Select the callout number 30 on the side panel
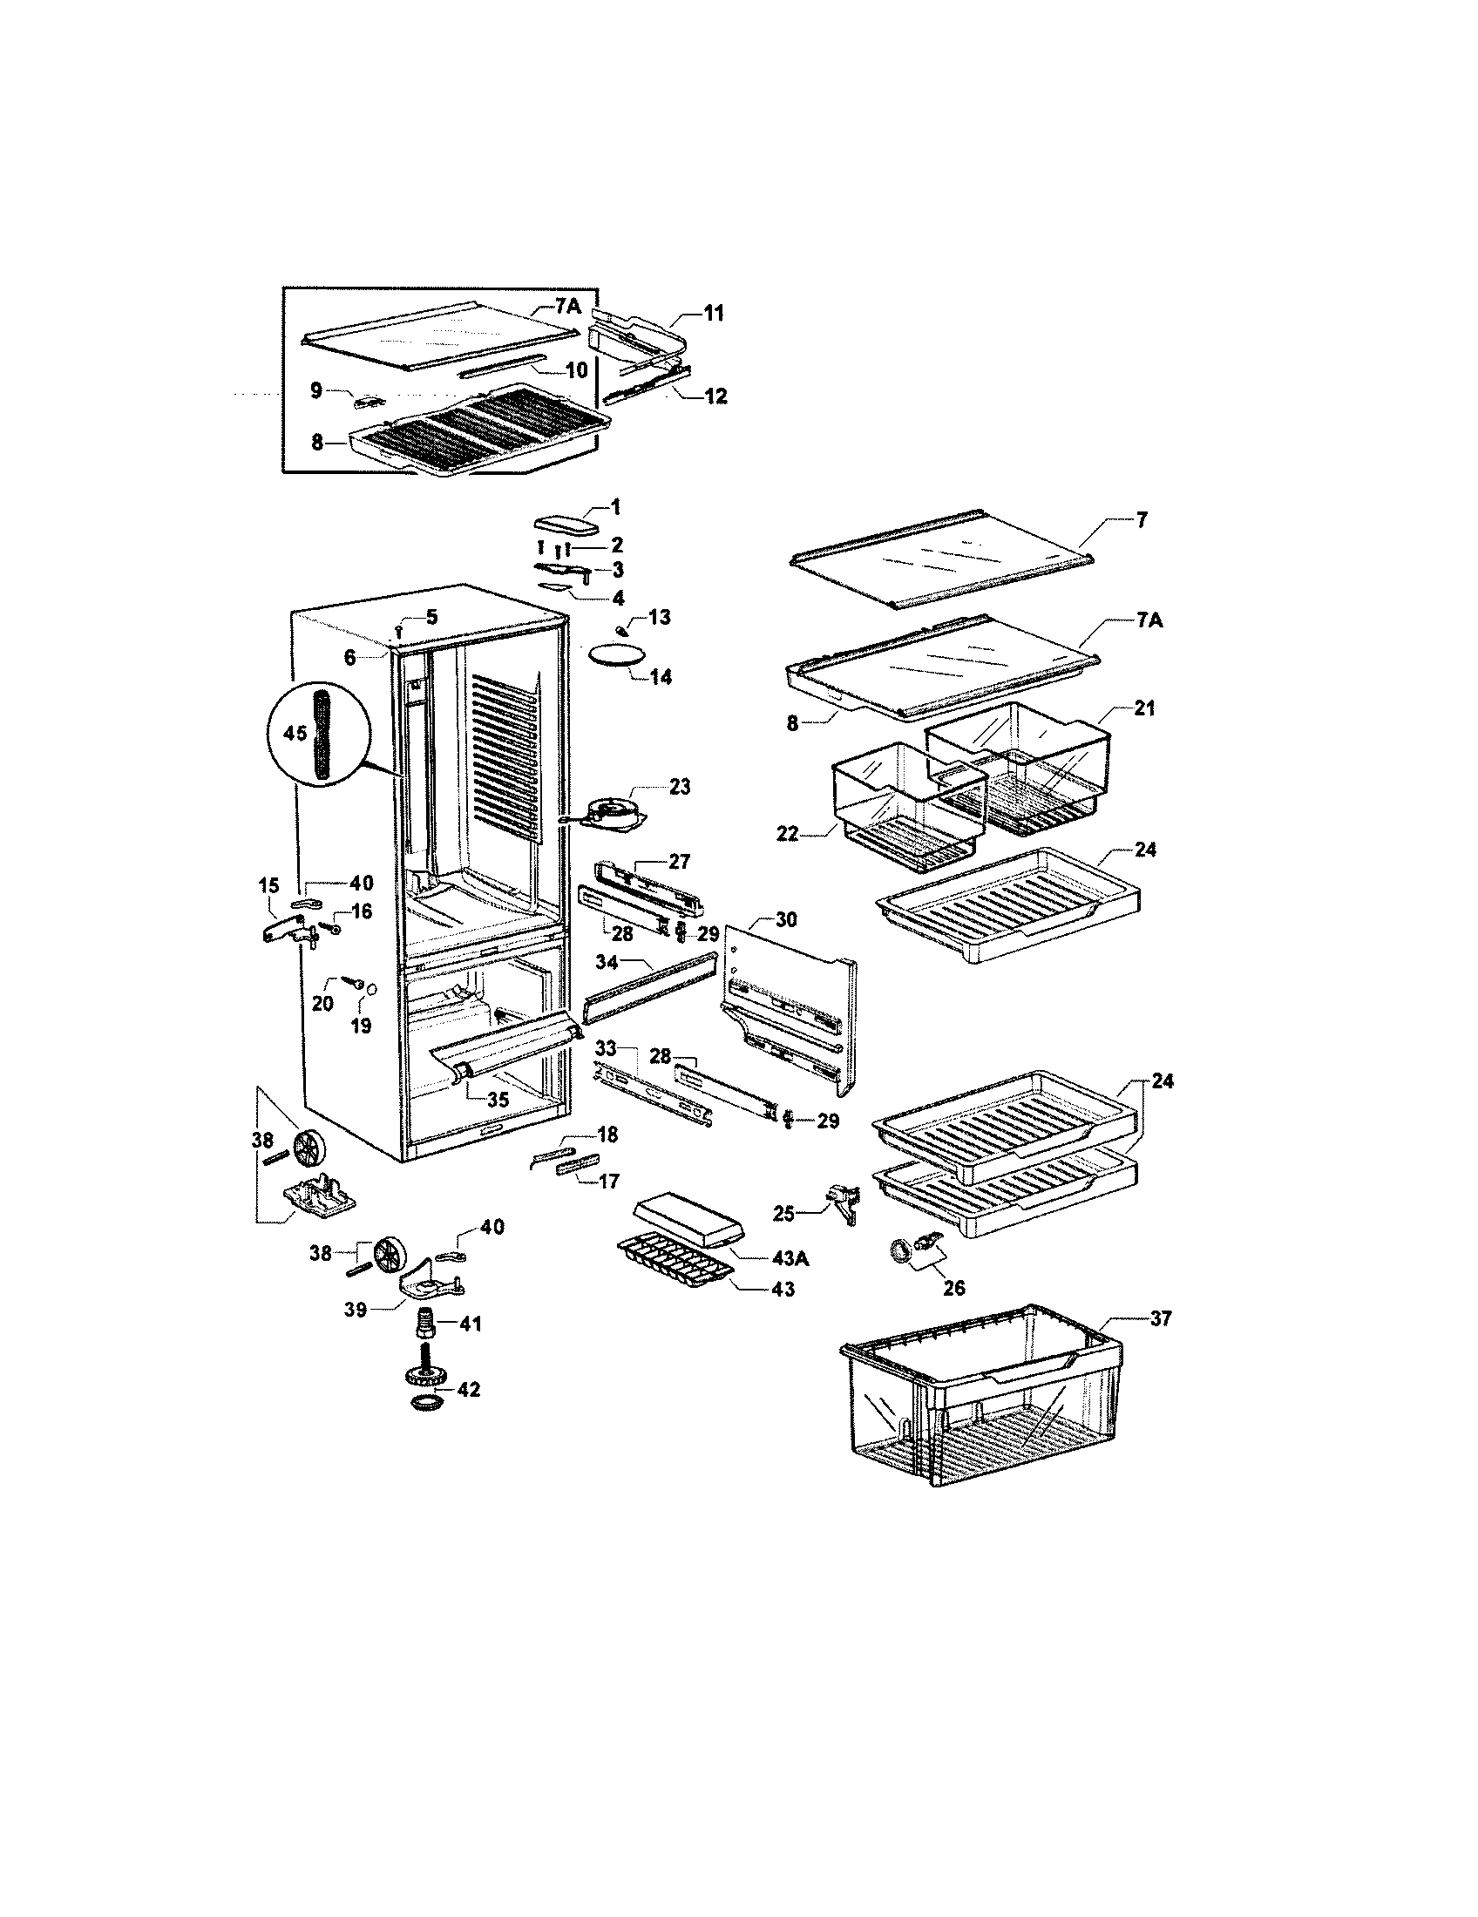pos(786,920)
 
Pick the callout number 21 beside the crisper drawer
pos(1143,708)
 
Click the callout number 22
pos(788,833)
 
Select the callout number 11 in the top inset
pos(714,313)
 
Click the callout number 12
pos(716,396)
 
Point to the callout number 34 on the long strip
pos(607,963)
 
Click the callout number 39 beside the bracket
pos(356,1312)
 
